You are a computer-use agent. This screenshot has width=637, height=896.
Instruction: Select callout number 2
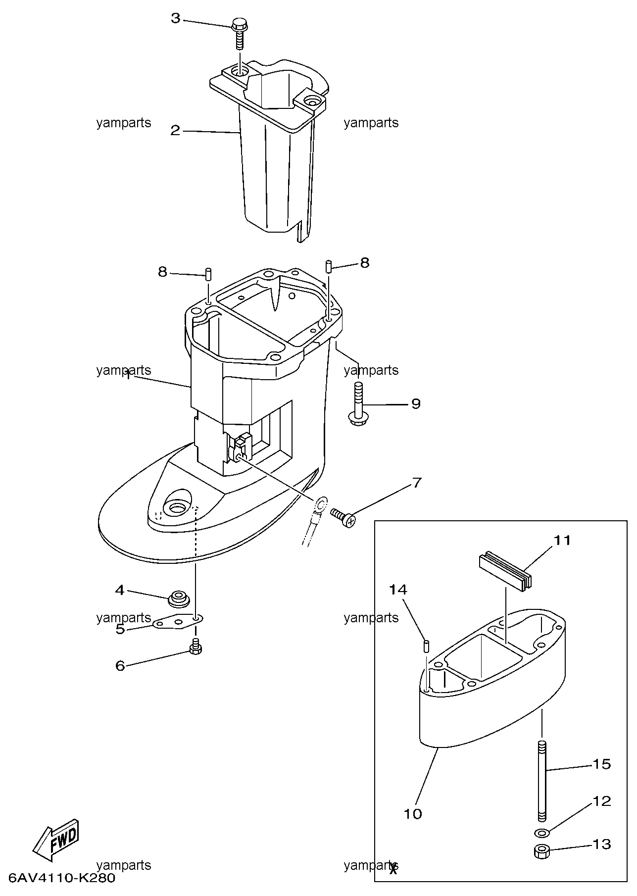pos(175,131)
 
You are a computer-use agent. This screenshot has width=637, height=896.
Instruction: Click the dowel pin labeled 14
pos(426,646)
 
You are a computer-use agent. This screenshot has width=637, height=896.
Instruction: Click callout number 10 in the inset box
pos(413,813)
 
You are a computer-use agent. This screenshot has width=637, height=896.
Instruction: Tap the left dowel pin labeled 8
pos(208,273)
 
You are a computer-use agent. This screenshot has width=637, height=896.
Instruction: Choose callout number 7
pos(417,482)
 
